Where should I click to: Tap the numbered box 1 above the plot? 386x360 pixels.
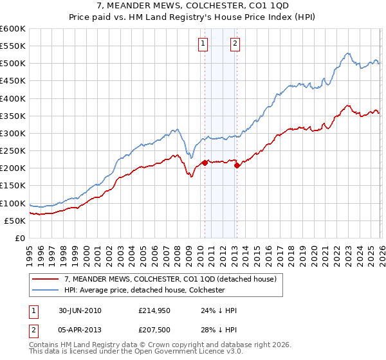(203, 44)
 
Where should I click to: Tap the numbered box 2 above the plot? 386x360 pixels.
(235, 44)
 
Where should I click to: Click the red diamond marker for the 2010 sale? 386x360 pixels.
(205, 163)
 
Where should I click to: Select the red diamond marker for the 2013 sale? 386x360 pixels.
(237, 166)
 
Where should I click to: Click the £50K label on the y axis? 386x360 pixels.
(15, 221)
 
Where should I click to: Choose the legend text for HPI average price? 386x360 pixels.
(144, 290)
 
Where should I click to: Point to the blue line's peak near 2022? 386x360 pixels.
(347, 53)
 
